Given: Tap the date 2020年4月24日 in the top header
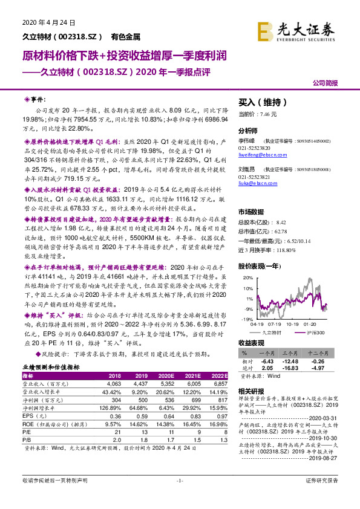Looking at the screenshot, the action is tap(44, 23).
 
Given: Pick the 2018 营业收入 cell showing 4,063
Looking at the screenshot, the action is tap(114, 383).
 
